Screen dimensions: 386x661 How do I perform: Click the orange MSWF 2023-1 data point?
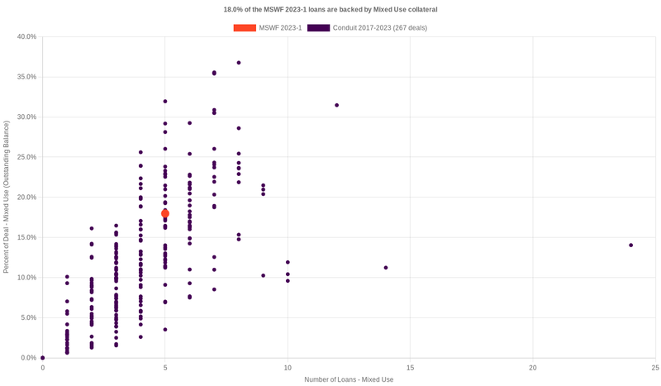(x=165, y=213)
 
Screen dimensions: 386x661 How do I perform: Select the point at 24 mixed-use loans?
(x=630, y=245)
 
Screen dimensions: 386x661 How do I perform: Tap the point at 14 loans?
(x=386, y=268)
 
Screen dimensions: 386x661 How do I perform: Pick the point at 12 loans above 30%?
(x=337, y=105)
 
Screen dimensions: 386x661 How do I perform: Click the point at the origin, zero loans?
(x=43, y=358)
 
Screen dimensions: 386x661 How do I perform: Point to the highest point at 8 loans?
(x=239, y=63)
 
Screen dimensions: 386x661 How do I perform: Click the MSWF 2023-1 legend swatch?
(x=245, y=28)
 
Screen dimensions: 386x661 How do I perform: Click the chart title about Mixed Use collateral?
(x=330, y=9)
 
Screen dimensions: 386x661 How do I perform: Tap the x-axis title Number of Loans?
(x=349, y=379)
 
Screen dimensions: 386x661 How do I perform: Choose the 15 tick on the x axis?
(x=410, y=367)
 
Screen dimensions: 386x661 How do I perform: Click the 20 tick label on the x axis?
(x=533, y=367)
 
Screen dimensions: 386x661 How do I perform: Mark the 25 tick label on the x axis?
(x=654, y=367)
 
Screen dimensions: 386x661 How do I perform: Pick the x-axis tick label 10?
(x=288, y=367)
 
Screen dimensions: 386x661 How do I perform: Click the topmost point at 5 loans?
(x=165, y=102)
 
